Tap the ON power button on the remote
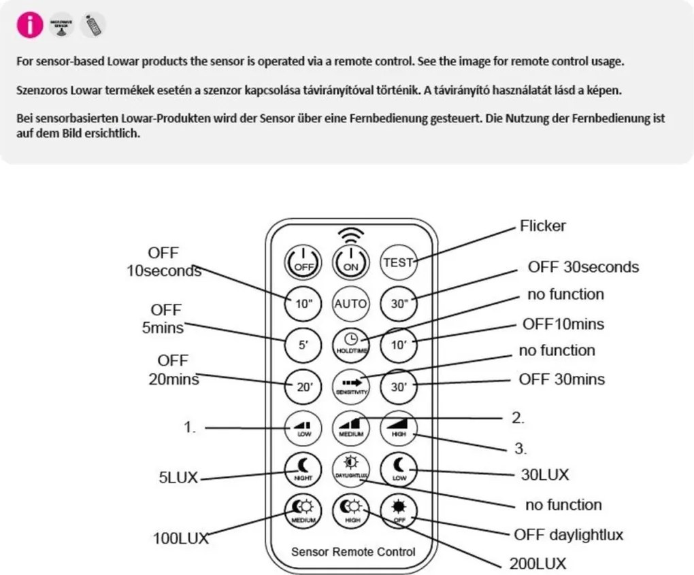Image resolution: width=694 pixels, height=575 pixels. (x=351, y=260)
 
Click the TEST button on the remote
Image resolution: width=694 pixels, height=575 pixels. (x=398, y=261)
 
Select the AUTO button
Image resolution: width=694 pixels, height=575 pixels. (x=350, y=303)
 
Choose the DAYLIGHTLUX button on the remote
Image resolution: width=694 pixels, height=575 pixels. (x=350, y=468)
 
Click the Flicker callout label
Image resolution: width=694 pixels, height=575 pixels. (x=542, y=226)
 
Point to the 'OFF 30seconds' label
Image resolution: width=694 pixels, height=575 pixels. (x=583, y=267)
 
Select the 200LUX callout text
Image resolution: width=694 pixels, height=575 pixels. (x=538, y=563)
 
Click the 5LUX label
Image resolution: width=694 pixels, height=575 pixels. (x=173, y=477)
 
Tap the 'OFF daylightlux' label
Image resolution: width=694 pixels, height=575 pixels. (x=568, y=535)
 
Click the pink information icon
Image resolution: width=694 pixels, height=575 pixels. (x=29, y=26)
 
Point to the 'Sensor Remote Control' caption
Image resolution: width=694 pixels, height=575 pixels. (x=352, y=551)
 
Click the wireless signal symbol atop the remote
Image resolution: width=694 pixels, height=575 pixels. (x=351, y=234)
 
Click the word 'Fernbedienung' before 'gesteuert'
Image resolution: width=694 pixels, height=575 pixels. (x=501, y=118)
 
